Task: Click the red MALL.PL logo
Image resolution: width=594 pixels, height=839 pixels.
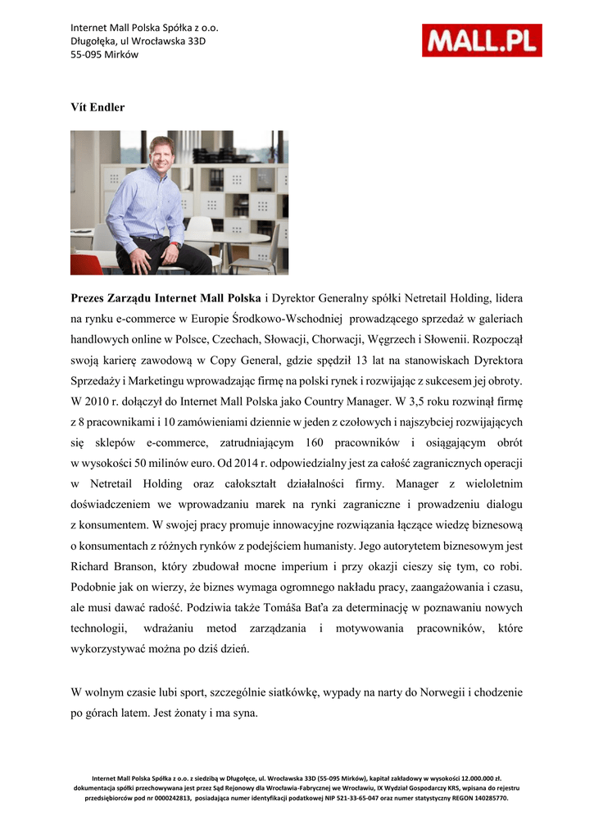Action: pos(482,40)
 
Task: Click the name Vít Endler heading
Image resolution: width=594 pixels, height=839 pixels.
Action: pos(98,107)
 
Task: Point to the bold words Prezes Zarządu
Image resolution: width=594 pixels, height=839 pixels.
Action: pos(111,297)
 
